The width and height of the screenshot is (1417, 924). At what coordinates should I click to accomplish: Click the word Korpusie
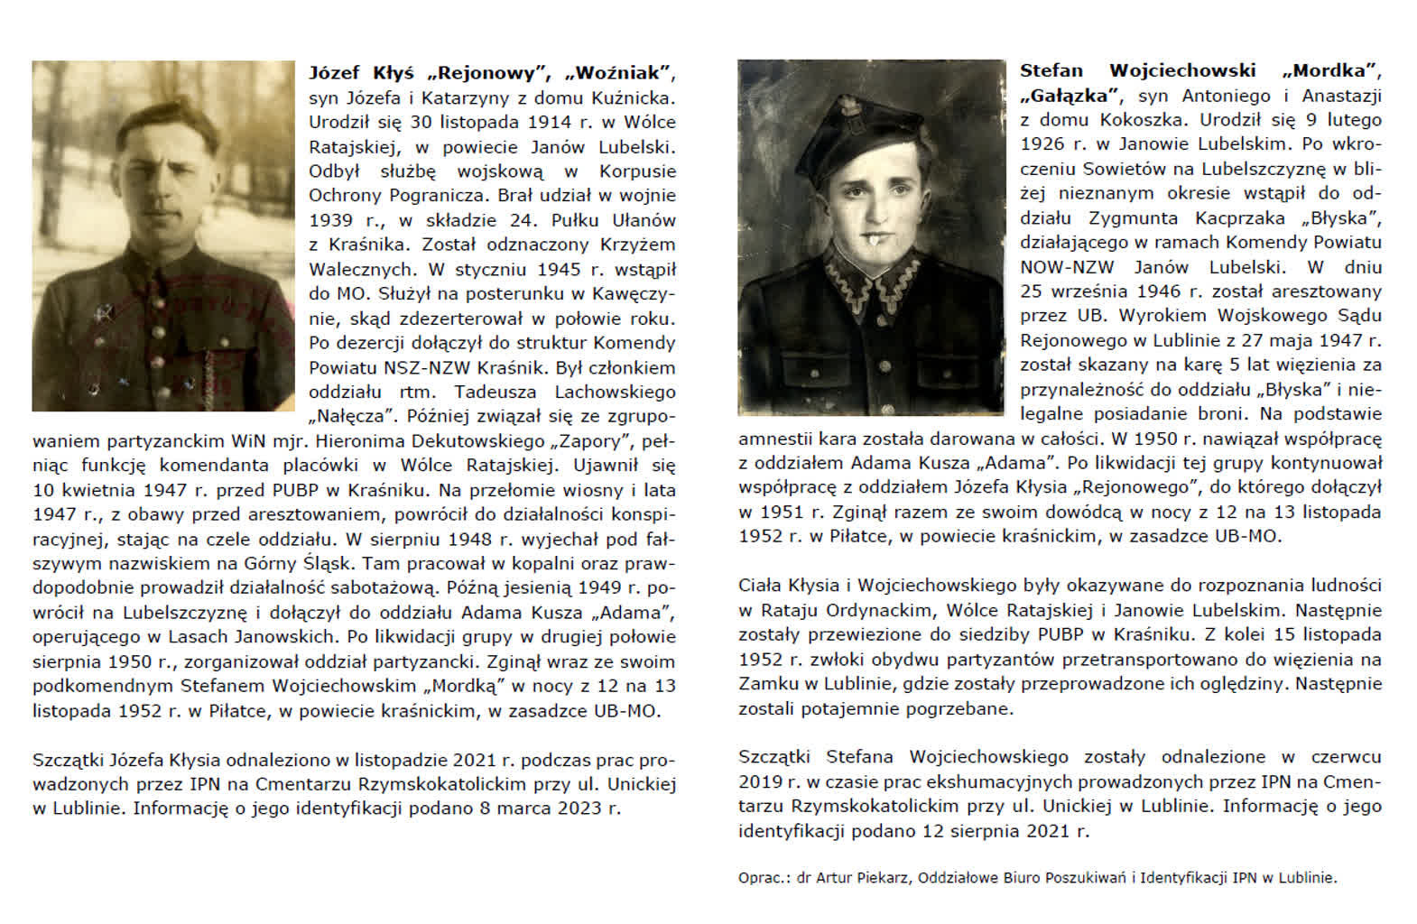(x=637, y=171)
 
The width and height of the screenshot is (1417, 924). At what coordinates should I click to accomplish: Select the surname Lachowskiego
(x=615, y=392)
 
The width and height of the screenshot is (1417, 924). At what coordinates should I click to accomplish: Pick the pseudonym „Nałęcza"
(x=351, y=417)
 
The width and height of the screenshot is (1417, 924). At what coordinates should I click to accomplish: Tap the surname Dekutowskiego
(x=469, y=441)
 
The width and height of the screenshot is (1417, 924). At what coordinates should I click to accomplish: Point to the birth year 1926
(x=1039, y=144)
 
